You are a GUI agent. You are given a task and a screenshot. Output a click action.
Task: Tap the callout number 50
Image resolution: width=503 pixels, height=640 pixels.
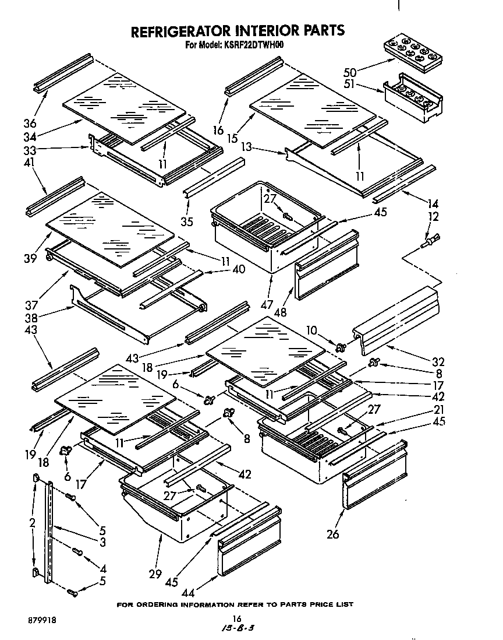pos(350,72)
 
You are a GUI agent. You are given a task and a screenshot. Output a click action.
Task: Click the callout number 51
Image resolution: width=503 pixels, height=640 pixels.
pos(349,85)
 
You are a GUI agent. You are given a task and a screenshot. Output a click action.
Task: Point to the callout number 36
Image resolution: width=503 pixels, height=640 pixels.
pos(29,124)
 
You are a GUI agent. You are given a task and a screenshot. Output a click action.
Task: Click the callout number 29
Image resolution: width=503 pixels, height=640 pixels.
pos(154,574)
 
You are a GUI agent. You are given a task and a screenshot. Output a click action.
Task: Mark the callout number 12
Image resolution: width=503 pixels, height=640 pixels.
pos(433,217)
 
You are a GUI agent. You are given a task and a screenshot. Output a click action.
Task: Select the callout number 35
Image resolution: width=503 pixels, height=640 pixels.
pos(187,221)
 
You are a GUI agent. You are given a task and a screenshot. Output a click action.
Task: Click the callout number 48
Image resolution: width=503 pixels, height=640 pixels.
pos(281,312)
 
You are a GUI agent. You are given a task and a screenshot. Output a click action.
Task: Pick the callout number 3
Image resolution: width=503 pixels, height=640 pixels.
pos(102,543)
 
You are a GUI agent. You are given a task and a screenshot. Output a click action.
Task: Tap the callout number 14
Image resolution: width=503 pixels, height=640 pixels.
pos(433,204)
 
